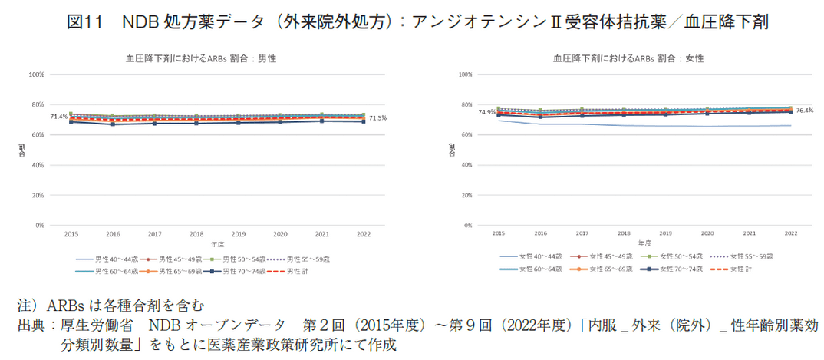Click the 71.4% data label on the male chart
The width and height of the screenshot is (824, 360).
pos(58,117)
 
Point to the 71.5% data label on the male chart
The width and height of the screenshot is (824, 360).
pos(377,118)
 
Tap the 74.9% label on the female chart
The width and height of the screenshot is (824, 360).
pos(486,112)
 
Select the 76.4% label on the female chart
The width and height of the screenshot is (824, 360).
pos(803,111)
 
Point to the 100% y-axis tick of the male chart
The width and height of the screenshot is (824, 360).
pos(36,74)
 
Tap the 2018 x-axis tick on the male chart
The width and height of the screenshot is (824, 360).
pos(196,233)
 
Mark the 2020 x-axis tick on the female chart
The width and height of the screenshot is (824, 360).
pos(707,230)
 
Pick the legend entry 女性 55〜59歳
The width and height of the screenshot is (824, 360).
pos(750,256)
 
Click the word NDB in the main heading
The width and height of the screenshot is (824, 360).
pos(140,21)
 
